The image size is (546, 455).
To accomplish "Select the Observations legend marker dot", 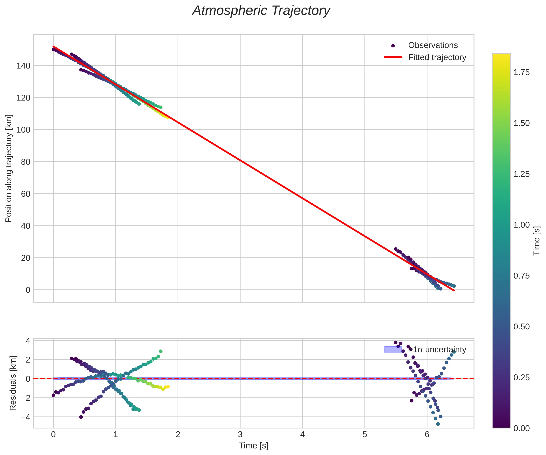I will click(393, 46).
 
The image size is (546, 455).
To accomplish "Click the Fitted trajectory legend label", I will click(437, 58).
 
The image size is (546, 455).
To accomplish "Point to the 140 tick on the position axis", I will click(24, 66).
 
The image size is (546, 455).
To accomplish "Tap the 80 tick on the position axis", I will click(26, 162).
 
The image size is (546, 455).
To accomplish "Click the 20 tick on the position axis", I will click(26, 258).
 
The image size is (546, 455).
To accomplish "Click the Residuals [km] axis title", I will click(13, 383).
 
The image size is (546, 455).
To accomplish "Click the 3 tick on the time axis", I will click(240, 435).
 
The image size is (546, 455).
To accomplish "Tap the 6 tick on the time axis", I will click(427, 435).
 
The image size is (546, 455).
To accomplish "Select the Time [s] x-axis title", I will click(253, 446).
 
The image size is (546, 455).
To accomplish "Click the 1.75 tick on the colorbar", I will click(521, 73).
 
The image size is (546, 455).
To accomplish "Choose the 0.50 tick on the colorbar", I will click(521, 327).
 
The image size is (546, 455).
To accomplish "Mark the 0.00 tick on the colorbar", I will click(521, 428).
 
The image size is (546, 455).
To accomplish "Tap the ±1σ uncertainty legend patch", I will click(393, 349).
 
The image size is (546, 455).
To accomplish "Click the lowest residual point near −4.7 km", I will click(438, 424).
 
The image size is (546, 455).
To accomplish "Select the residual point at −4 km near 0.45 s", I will click(81, 417).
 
